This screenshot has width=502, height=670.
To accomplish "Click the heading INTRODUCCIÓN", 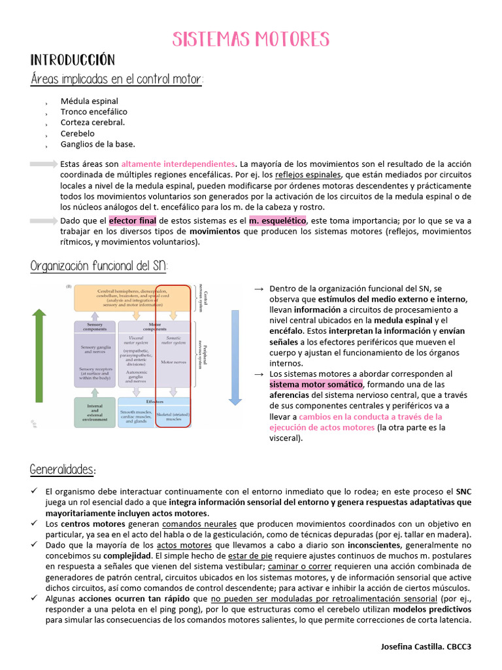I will (73, 60).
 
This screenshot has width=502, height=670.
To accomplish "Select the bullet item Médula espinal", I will (90, 101).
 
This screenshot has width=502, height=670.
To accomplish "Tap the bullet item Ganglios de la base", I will (97, 144).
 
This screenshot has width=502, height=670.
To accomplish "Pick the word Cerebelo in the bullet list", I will (78, 133).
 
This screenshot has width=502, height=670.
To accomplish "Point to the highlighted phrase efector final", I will (133, 221).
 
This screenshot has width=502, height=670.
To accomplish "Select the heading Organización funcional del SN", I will (99, 266).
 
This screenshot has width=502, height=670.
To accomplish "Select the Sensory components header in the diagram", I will (95, 328).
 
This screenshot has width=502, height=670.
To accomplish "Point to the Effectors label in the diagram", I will (155, 401).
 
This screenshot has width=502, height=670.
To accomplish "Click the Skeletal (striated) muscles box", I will (173, 416).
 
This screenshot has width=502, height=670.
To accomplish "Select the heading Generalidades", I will (63, 470).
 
